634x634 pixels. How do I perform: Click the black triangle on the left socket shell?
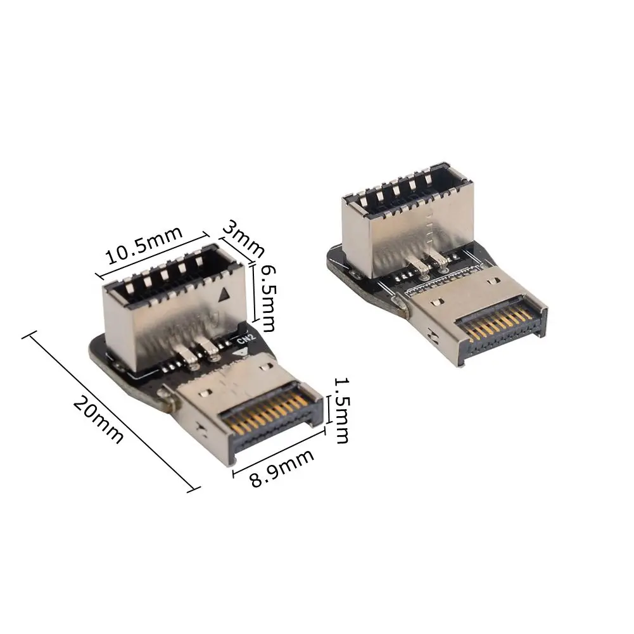pyautogui.click(x=222, y=295)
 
